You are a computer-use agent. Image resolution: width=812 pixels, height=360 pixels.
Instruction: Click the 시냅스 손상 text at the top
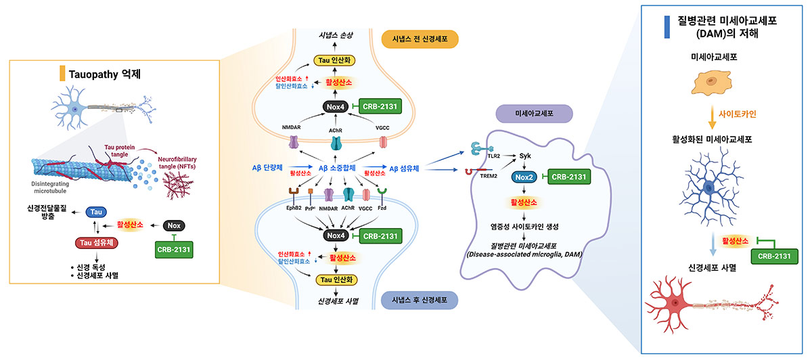point(336,35)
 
